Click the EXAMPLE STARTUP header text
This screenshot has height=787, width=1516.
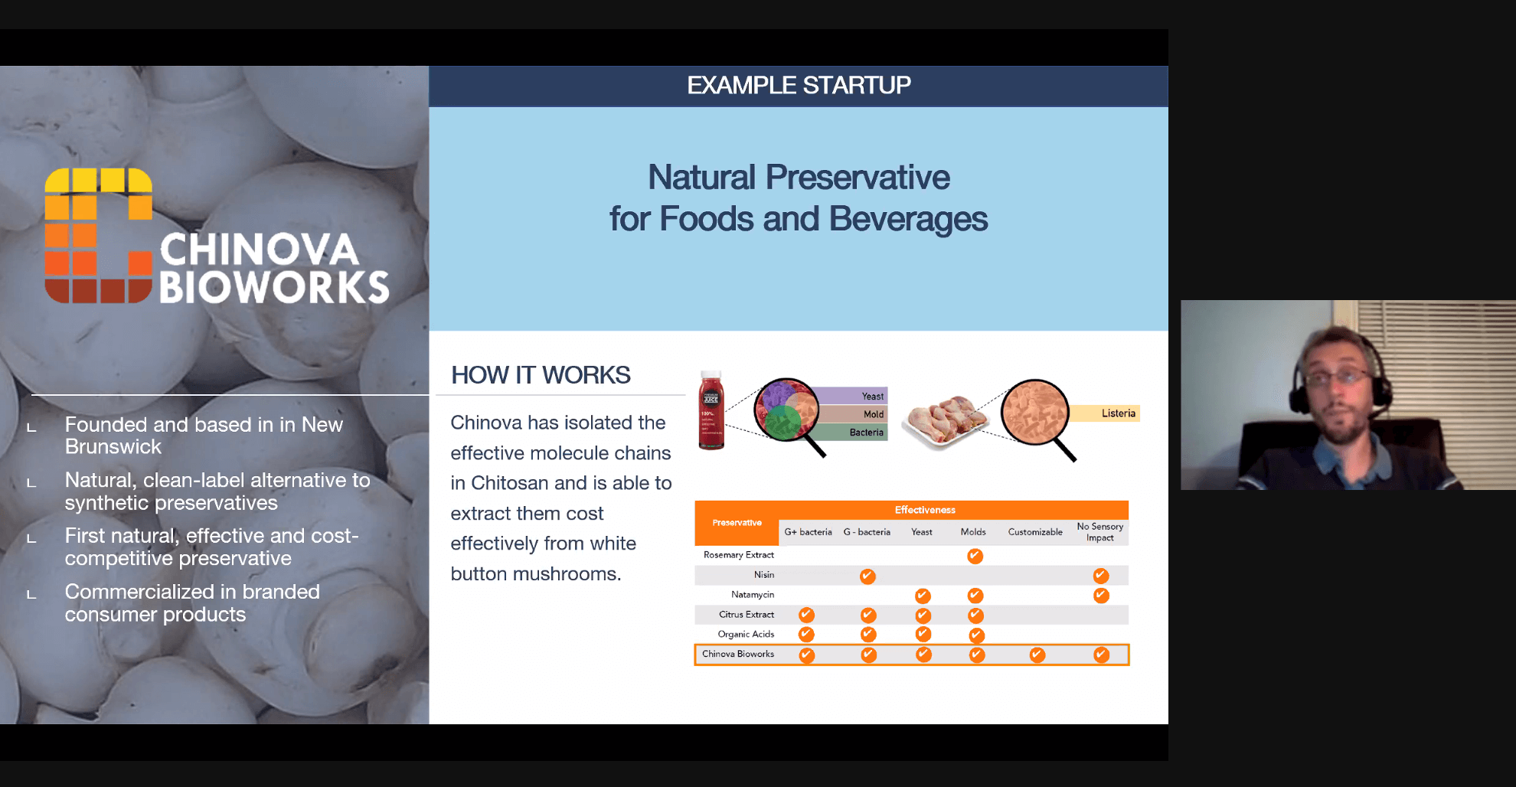click(x=799, y=85)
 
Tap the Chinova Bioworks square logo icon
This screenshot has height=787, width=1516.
click(x=99, y=235)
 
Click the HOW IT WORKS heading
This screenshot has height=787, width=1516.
click(x=541, y=375)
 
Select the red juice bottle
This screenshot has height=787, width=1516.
click(x=711, y=410)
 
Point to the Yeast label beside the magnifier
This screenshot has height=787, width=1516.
click(x=872, y=396)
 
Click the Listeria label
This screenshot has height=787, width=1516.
click(x=1118, y=413)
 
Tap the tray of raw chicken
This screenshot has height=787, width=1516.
click(x=946, y=421)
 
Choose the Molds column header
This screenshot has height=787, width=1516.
click(x=973, y=532)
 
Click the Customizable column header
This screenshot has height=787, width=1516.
click(x=1035, y=532)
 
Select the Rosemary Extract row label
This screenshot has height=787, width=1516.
click(x=739, y=555)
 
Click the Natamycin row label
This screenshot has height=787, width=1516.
click(x=753, y=595)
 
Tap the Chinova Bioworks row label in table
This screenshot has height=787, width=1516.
click(x=738, y=654)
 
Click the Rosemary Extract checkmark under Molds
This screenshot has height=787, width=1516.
click(x=975, y=556)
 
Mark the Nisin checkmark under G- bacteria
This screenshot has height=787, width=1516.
click(x=867, y=576)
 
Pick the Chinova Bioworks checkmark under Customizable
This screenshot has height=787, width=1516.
click(x=1037, y=655)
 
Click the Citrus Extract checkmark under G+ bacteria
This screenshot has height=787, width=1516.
click(x=806, y=615)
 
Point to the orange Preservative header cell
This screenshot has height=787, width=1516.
click(x=737, y=523)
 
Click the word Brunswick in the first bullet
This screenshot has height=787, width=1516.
click(x=113, y=447)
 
